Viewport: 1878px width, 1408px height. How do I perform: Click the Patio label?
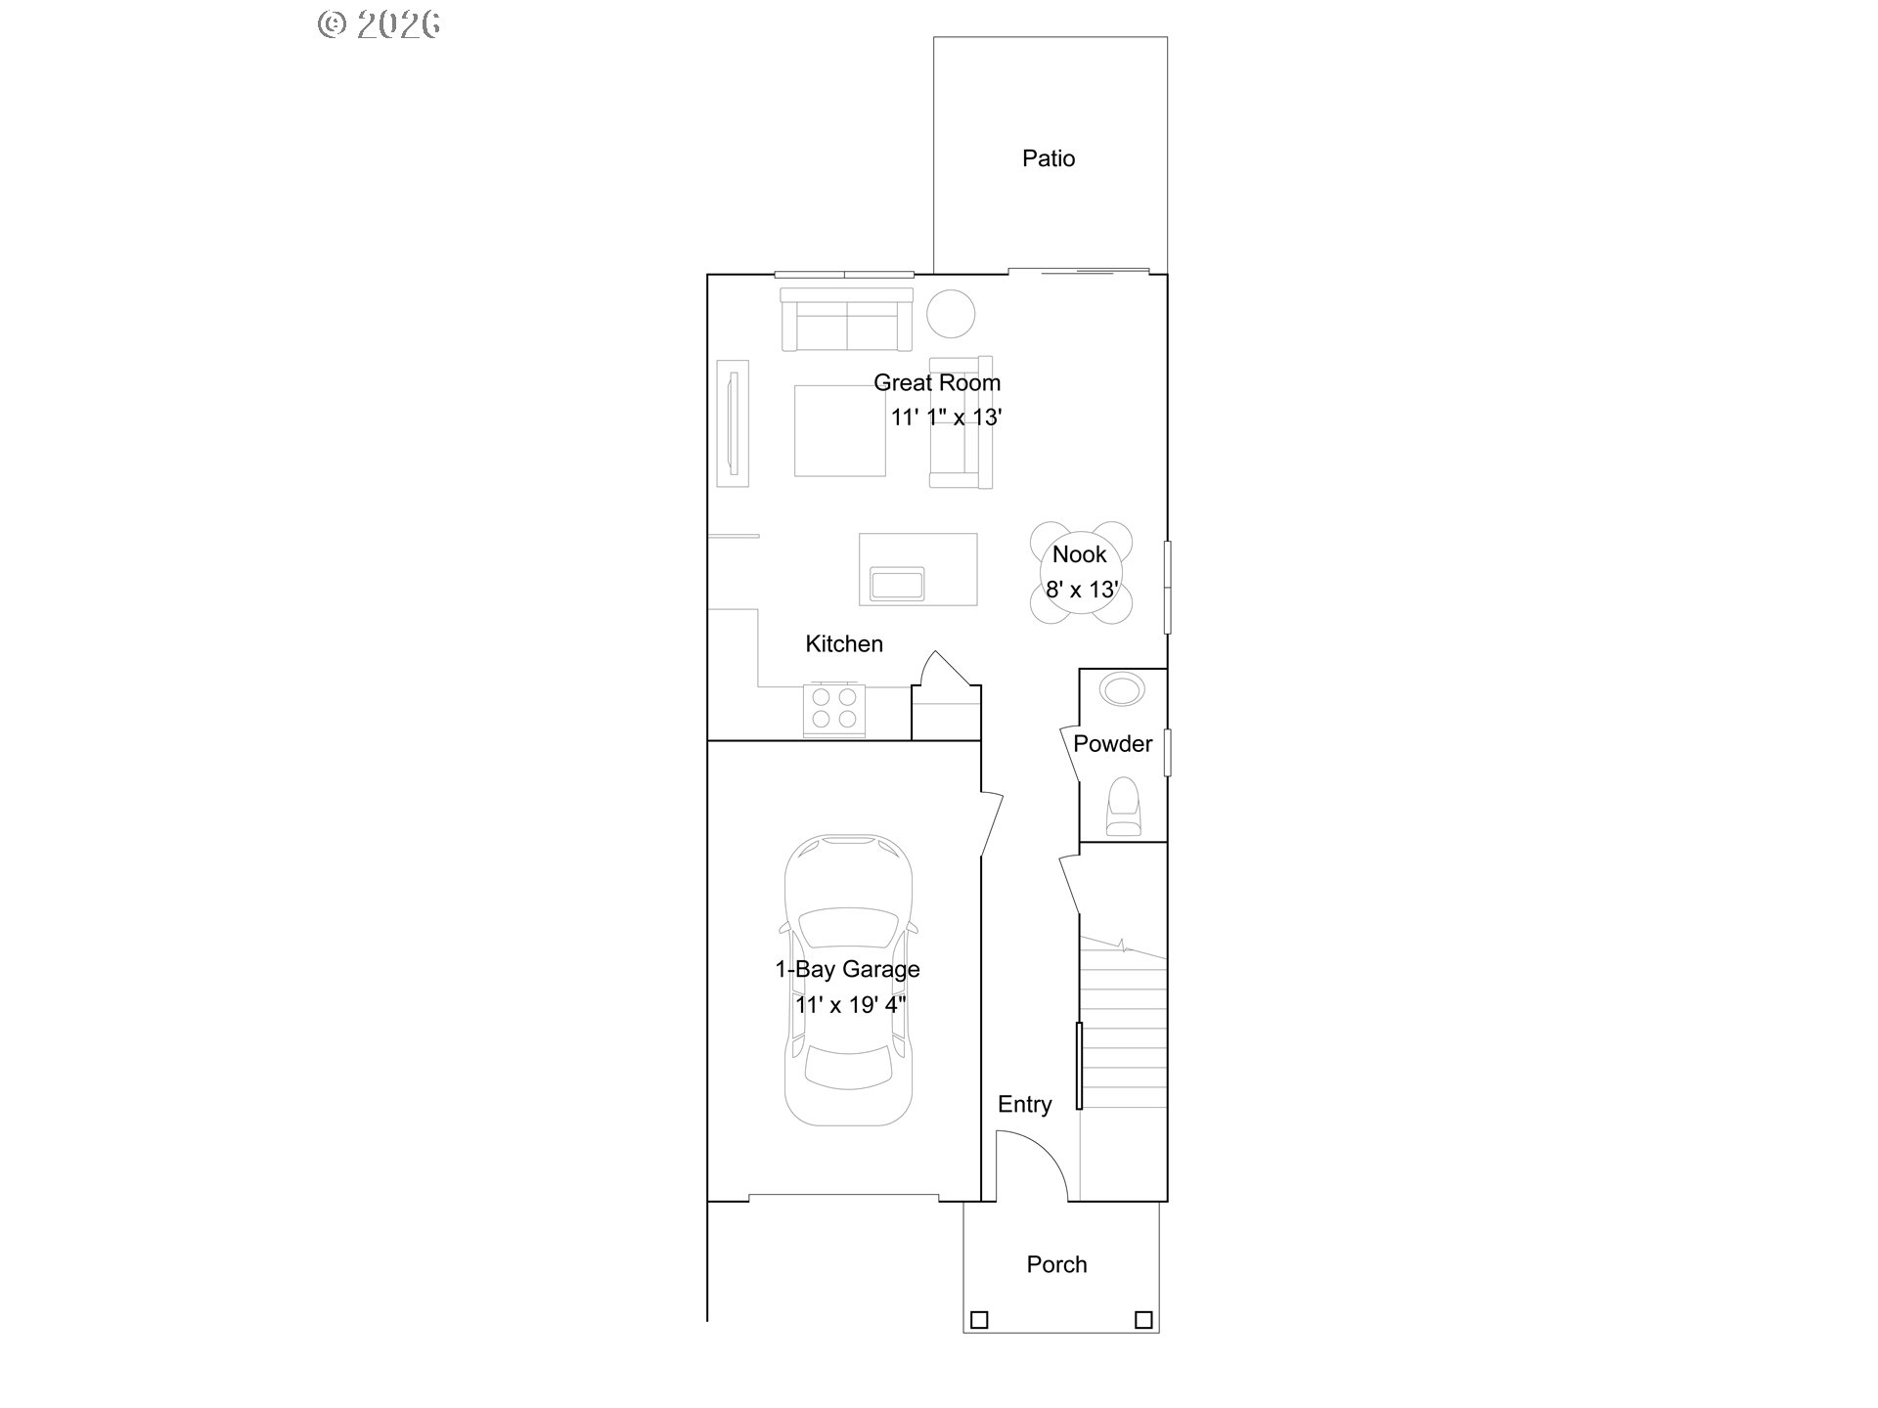pyautogui.click(x=1049, y=158)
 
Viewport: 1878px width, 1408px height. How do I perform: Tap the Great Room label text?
pyautogui.click(x=937, y=382)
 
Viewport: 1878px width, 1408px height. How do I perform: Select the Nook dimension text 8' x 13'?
pyautogui.click(x=1082, y=590)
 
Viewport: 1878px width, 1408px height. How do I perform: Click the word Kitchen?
pyautogui.click(x=844, y=643)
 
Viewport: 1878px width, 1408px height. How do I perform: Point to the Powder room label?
pyautogui.click(x=1113, y=743)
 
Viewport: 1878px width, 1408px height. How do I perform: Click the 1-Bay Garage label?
pyautogui.click(x=848, y=969)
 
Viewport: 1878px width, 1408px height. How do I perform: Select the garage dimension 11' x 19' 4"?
pyautogui.click(x=851, y=1004)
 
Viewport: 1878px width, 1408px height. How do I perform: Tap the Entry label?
pyautogui.click(x=1025, y=1104)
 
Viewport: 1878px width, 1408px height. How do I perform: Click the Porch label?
pyautogui.click(x=1056, y=1264)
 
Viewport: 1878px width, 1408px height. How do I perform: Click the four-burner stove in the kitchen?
pyautogui.click(x=834, y=710)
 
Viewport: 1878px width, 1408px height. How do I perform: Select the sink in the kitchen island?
pyautogui.click(x=898, y=584)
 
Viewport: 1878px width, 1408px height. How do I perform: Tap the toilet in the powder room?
pyautogui.click(x=1124, y=808)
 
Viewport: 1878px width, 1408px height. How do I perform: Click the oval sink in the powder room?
pyautogui.click(x=1122, y=689)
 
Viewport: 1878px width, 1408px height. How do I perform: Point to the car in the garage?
pyautogui.click(x=848, y=980)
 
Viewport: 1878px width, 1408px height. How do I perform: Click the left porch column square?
pyautogui.click(x=979, y=1320)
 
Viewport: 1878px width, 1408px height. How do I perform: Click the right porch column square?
pyautogui.click(x=1143, y=1320)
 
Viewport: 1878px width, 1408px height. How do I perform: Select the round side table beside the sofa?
pyautogui.click(x=951, y=314)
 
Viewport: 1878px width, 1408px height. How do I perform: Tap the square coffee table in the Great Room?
pyautogui.click(x=840, y=431)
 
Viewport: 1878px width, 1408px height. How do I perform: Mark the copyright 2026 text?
pyautogui.click(x=380, y=24)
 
